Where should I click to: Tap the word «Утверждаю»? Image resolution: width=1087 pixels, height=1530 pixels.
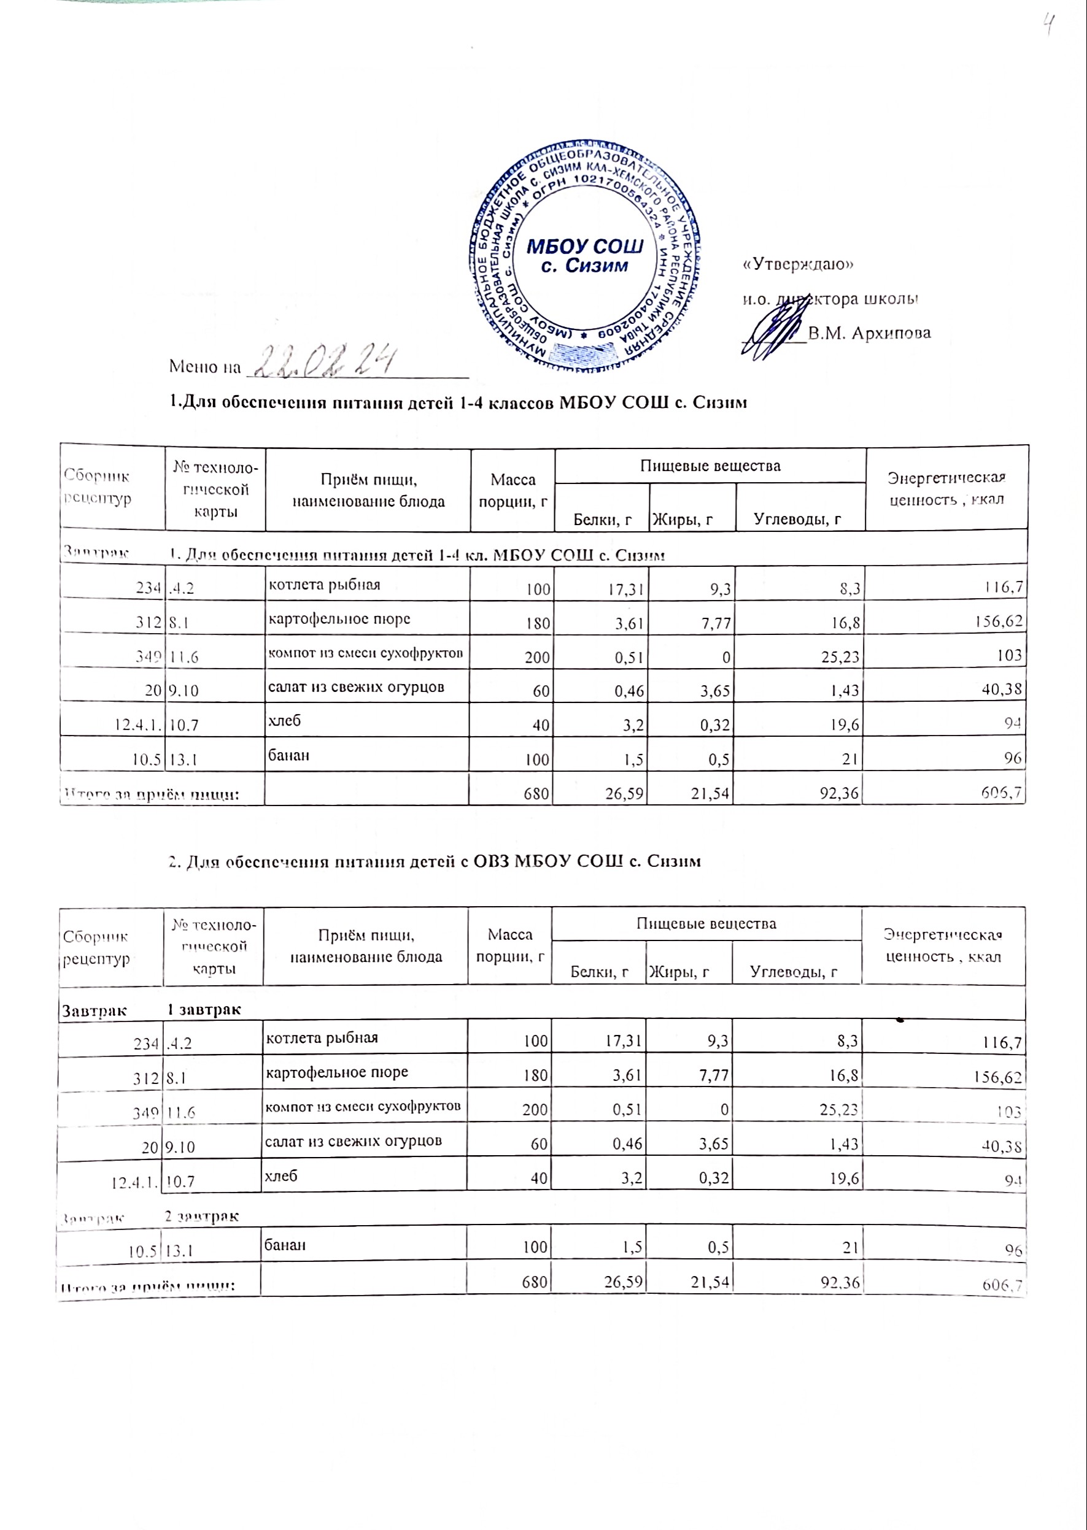(x=798, y=264)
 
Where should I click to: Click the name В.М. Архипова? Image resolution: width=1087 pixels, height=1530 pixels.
(x=868, y=333)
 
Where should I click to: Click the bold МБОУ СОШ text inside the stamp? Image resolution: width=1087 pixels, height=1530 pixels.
(x=585, y=247)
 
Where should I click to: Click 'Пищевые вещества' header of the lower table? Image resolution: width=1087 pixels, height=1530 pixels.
(x=706, y=924)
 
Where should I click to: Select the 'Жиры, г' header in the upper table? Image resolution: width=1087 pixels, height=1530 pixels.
(x=682, y=519)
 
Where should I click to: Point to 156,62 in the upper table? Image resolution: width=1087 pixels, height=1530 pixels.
(x=998, y=621)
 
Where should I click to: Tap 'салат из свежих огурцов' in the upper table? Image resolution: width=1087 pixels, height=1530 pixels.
(x=356, y=687)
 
